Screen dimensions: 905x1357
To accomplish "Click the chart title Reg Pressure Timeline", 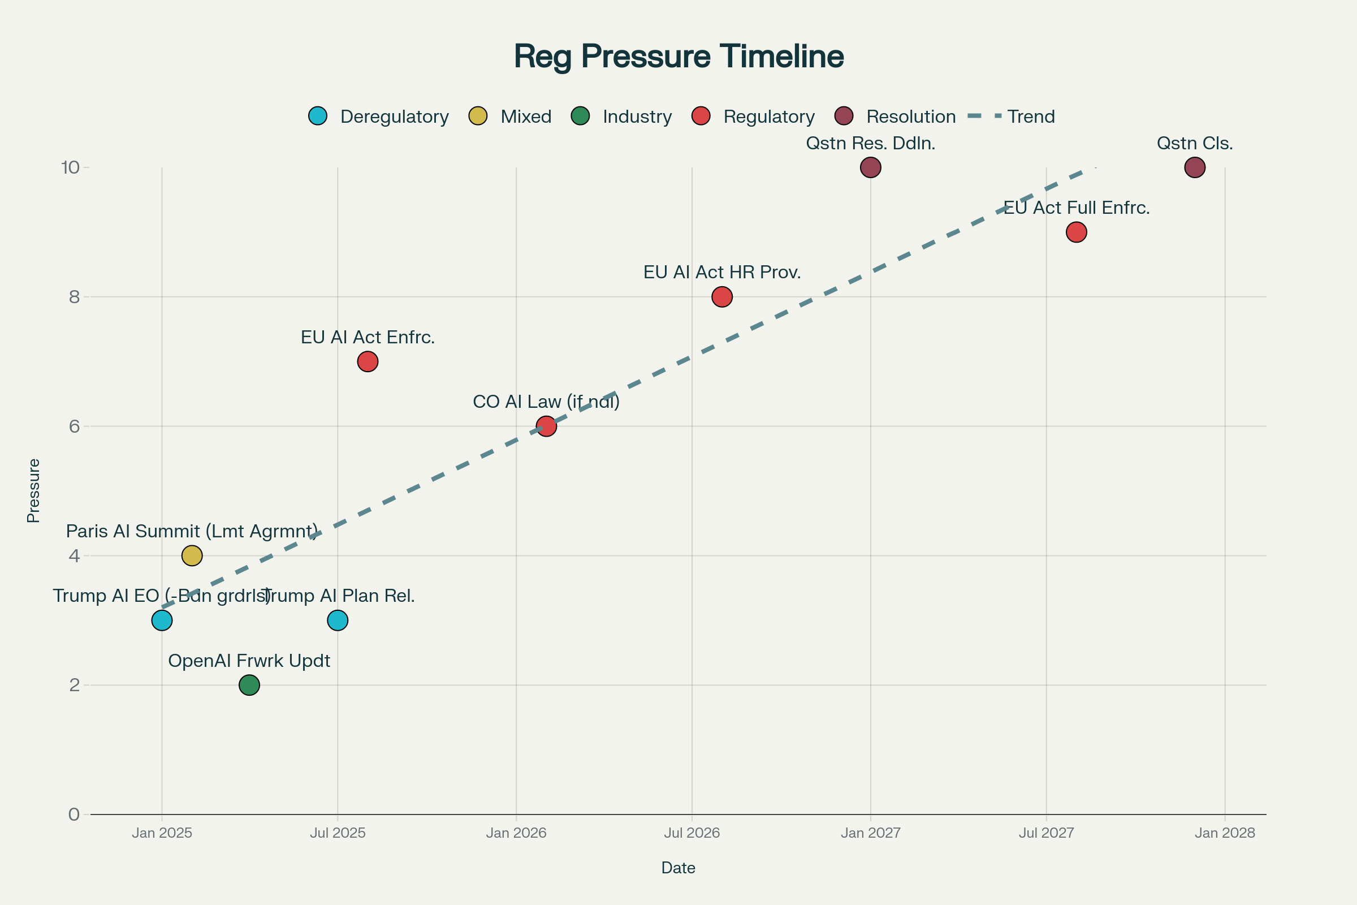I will [x=678, y=56].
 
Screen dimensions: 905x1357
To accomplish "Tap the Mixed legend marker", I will [x=478, y=116].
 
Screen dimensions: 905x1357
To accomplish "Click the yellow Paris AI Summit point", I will [x=192, y=556].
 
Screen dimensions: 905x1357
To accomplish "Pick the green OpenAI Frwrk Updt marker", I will [x=249, y=685].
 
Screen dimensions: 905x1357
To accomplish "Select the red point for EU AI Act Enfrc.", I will [x=368, y=362].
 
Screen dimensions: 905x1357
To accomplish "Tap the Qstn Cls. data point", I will [x=1195, y=167].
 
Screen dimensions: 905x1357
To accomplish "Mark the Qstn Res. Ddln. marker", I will [x=871, y=167].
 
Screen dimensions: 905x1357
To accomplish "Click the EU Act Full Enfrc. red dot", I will [x=1077, y=232].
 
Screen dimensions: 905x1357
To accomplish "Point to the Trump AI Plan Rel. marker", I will [x=338, y=620].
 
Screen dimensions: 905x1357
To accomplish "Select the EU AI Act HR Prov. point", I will [x=722, y=296].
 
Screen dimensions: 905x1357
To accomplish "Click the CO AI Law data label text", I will [x=546, y=402].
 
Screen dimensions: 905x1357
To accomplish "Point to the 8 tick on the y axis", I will [x=75, y=296].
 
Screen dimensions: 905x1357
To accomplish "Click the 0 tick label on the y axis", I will [x=75, y=815].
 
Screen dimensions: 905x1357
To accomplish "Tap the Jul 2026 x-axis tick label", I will [x=692, y=833].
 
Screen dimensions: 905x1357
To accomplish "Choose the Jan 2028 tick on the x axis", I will [x=1225, y=833].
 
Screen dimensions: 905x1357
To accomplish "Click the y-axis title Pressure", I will [x=33, y=490].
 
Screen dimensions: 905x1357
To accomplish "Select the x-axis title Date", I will [x=678, y=868].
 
